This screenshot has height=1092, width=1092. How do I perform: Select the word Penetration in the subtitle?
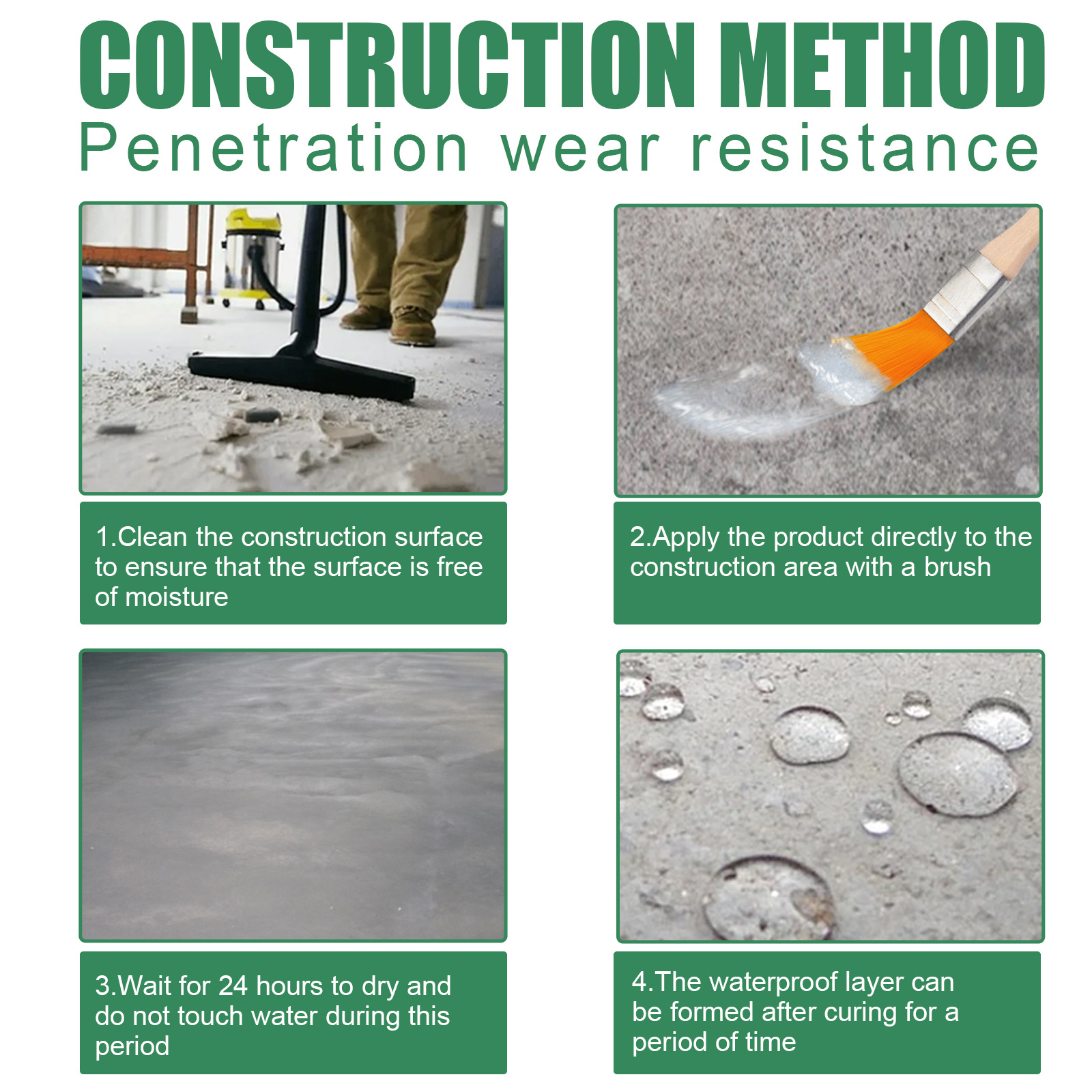click(x=273, y=149)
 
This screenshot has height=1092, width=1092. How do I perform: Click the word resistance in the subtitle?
click(x=865, y=149)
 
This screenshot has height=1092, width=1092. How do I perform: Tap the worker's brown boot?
click(x=414, y=326)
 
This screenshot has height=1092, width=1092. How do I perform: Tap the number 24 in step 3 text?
click(x=233, y=986)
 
